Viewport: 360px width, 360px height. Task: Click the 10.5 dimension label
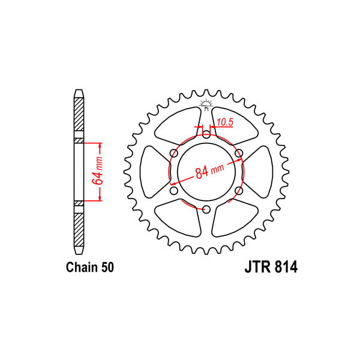click(225, 122)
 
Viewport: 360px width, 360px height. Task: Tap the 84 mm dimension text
click(209, 171)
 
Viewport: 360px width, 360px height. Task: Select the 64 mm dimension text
click(97, 171)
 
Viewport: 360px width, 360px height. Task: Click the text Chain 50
click(90, 268)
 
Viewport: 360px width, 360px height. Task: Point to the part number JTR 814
click(271, 267)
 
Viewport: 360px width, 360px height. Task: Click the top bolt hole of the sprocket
click(206, 134)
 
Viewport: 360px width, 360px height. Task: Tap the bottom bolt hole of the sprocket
click(206, 209)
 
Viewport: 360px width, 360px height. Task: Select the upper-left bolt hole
click(174, 153)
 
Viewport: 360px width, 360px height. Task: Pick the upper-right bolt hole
click(239, 153)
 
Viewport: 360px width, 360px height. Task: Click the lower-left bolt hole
click(174, 191)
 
